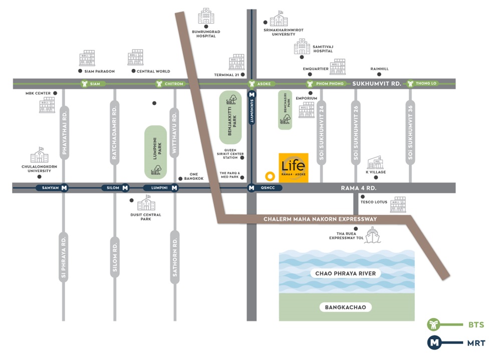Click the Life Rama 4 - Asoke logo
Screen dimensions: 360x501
tap(294, 168)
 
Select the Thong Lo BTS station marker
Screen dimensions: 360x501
tap(424, 84)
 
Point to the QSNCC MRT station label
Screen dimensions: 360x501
tap(271, 188)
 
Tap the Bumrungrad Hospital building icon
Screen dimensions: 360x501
tap(206, 17)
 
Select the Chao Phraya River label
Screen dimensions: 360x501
tap(346, 273)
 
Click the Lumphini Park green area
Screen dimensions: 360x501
tap(155, 152)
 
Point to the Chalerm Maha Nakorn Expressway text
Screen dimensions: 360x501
tap(320, 219)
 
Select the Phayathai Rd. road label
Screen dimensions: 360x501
tap(64, 130)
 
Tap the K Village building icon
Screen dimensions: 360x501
tap(375, 163)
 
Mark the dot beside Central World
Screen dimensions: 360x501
tap(133, 71)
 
